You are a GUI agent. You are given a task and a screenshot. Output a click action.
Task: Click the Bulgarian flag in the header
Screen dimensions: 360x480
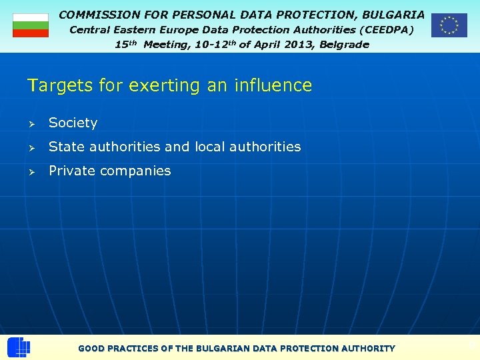click(31, 25)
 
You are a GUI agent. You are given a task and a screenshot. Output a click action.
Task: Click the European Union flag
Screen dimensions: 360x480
click(449, 25)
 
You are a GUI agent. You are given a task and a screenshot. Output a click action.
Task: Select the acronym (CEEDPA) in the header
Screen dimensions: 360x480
click(387, 30)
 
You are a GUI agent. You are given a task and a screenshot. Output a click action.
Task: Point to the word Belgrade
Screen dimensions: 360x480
click(344, 45)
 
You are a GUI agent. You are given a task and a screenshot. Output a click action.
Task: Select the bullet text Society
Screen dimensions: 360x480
click(73, 123)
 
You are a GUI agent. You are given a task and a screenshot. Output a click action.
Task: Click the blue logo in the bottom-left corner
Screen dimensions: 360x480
click(19, 347)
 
